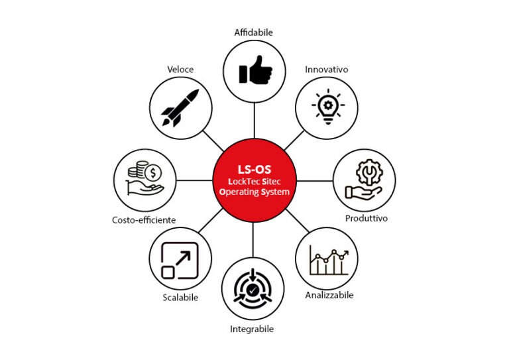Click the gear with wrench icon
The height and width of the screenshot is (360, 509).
(363, 180)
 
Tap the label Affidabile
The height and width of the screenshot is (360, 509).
(254, 32)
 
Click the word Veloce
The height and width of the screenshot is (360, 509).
(181, 68)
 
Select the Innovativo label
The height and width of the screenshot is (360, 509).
(326, 69)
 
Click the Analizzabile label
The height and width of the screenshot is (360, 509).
(329, 295)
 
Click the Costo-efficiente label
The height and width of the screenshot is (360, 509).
(144, 219)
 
